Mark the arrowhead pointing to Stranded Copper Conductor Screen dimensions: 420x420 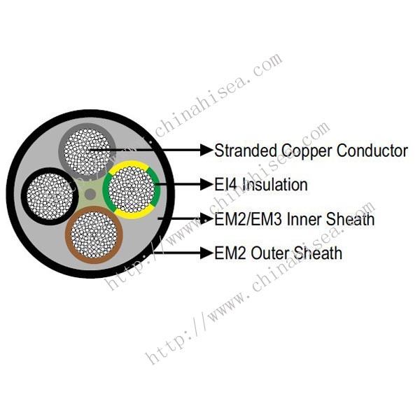tap(206, 149)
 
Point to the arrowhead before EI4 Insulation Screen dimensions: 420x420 tap(206, 185)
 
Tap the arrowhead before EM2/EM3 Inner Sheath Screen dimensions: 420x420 tap(206, 218)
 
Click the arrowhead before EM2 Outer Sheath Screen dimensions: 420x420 tap(206, 252)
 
